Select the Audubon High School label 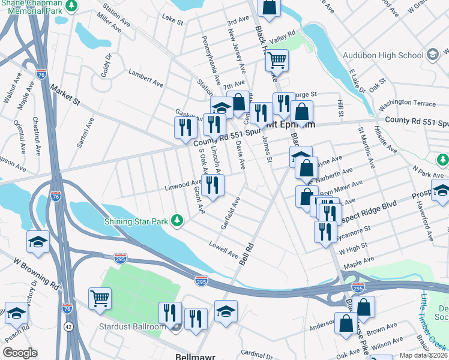point(382,56)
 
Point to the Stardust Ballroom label point(132,327)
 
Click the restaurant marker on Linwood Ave point(212,185)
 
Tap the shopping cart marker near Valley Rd point(277,60)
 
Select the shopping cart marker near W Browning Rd point(100,299)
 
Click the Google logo point(20,353)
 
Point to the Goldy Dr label point(107,64)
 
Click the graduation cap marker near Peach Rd point(17,313)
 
